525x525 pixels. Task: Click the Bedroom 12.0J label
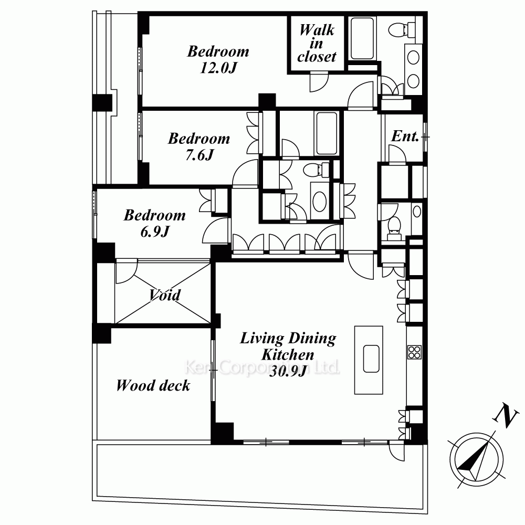[x=218, y=59]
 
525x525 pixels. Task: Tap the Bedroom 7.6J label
[x=199, y=146]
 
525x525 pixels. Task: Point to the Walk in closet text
[x=317, y=43]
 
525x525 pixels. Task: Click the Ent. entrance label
[x=405, y=136]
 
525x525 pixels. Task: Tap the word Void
[x=165, y=295]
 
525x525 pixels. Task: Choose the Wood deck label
[x=153, y=385]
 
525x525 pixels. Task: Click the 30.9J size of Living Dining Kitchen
[x=288, y=371]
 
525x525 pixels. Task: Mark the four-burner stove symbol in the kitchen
[x=415, y=352]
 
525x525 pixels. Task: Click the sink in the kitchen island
[x=371, y=359]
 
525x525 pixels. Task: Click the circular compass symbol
[x=476, y=459]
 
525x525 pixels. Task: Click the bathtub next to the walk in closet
[x=362, y=38]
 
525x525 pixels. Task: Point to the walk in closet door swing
[x=319, y=81]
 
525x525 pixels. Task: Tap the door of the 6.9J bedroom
[x=216, y=230]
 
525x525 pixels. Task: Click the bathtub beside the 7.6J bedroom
[x=327, y=133]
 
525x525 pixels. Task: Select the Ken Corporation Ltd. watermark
[x=262, y=367]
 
